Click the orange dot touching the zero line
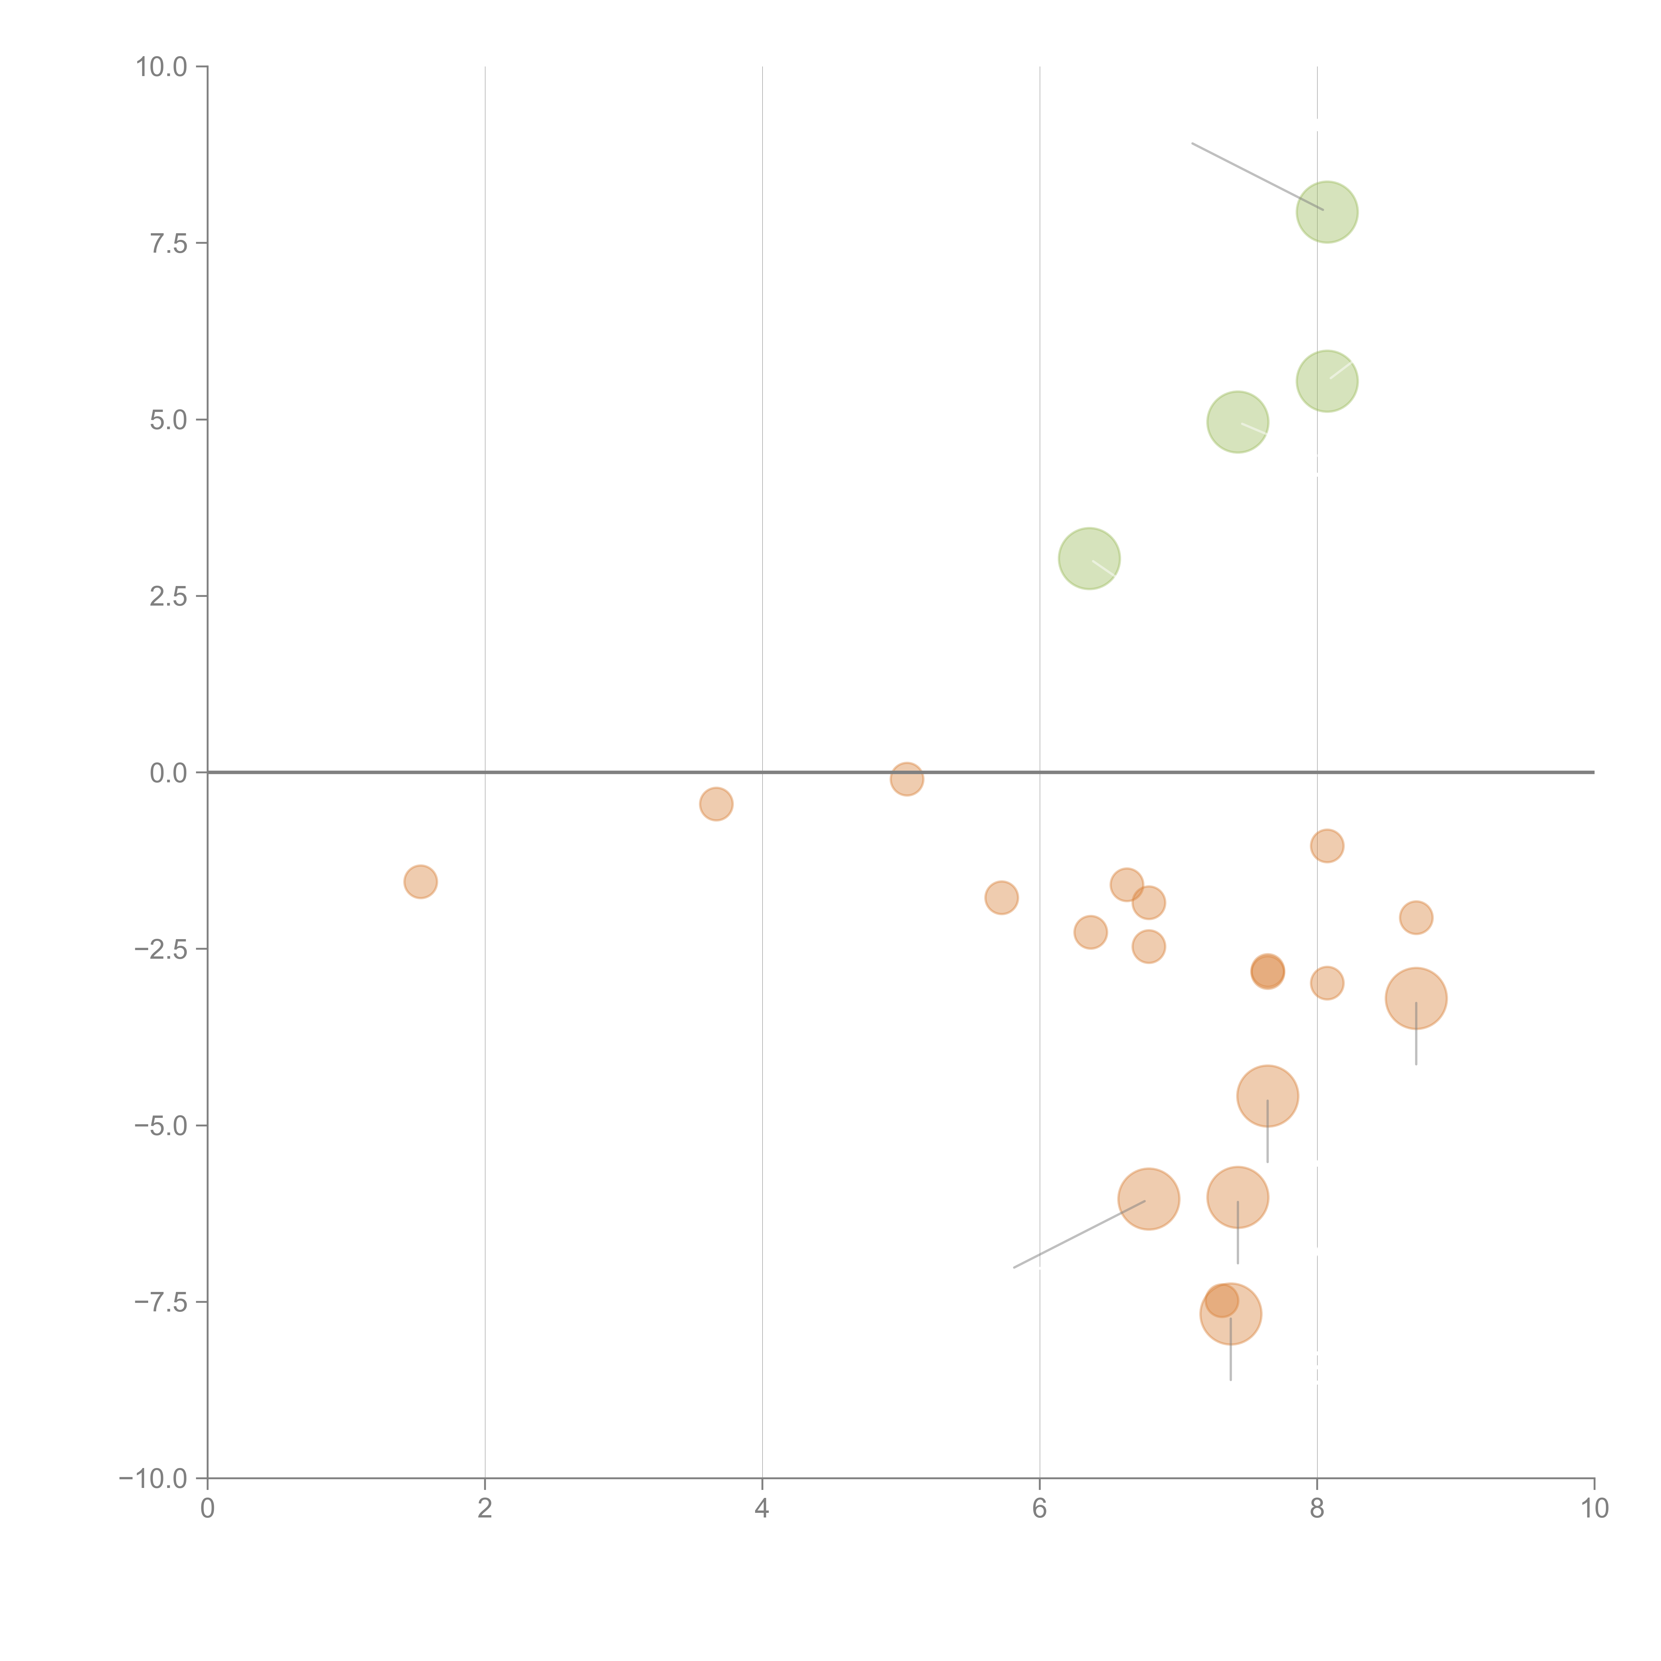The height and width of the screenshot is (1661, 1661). (x=906, y=779)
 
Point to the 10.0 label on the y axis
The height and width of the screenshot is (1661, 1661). (x=162, y=67)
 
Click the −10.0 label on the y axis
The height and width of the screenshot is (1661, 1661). (x=153, y=1479)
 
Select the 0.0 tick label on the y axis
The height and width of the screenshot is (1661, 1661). (x=168, y=773)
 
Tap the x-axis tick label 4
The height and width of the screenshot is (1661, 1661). (x=762, y=1509)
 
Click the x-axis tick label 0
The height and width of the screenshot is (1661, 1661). (x=207, y=1509)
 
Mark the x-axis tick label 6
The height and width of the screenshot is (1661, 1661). (x=1039, y=1509)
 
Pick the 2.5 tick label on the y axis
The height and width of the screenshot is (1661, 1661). (x=168, y=597)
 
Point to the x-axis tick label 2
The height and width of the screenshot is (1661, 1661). (x=485, y=1509)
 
